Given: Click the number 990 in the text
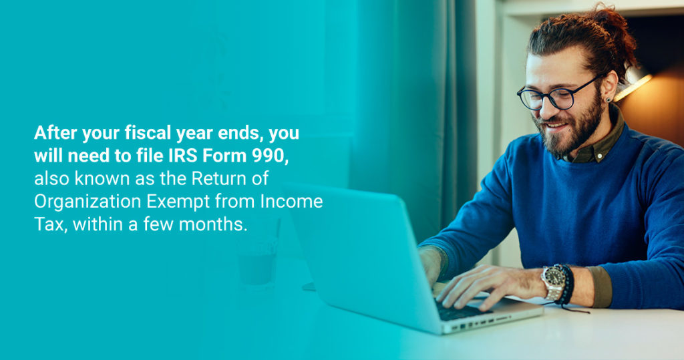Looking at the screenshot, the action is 268,156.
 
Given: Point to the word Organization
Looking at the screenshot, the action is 88,202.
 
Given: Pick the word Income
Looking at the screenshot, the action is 291,201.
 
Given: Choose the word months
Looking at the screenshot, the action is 213,224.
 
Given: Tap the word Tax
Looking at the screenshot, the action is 49,224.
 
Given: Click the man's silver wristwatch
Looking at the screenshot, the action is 552,281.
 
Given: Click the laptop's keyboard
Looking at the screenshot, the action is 462,311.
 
